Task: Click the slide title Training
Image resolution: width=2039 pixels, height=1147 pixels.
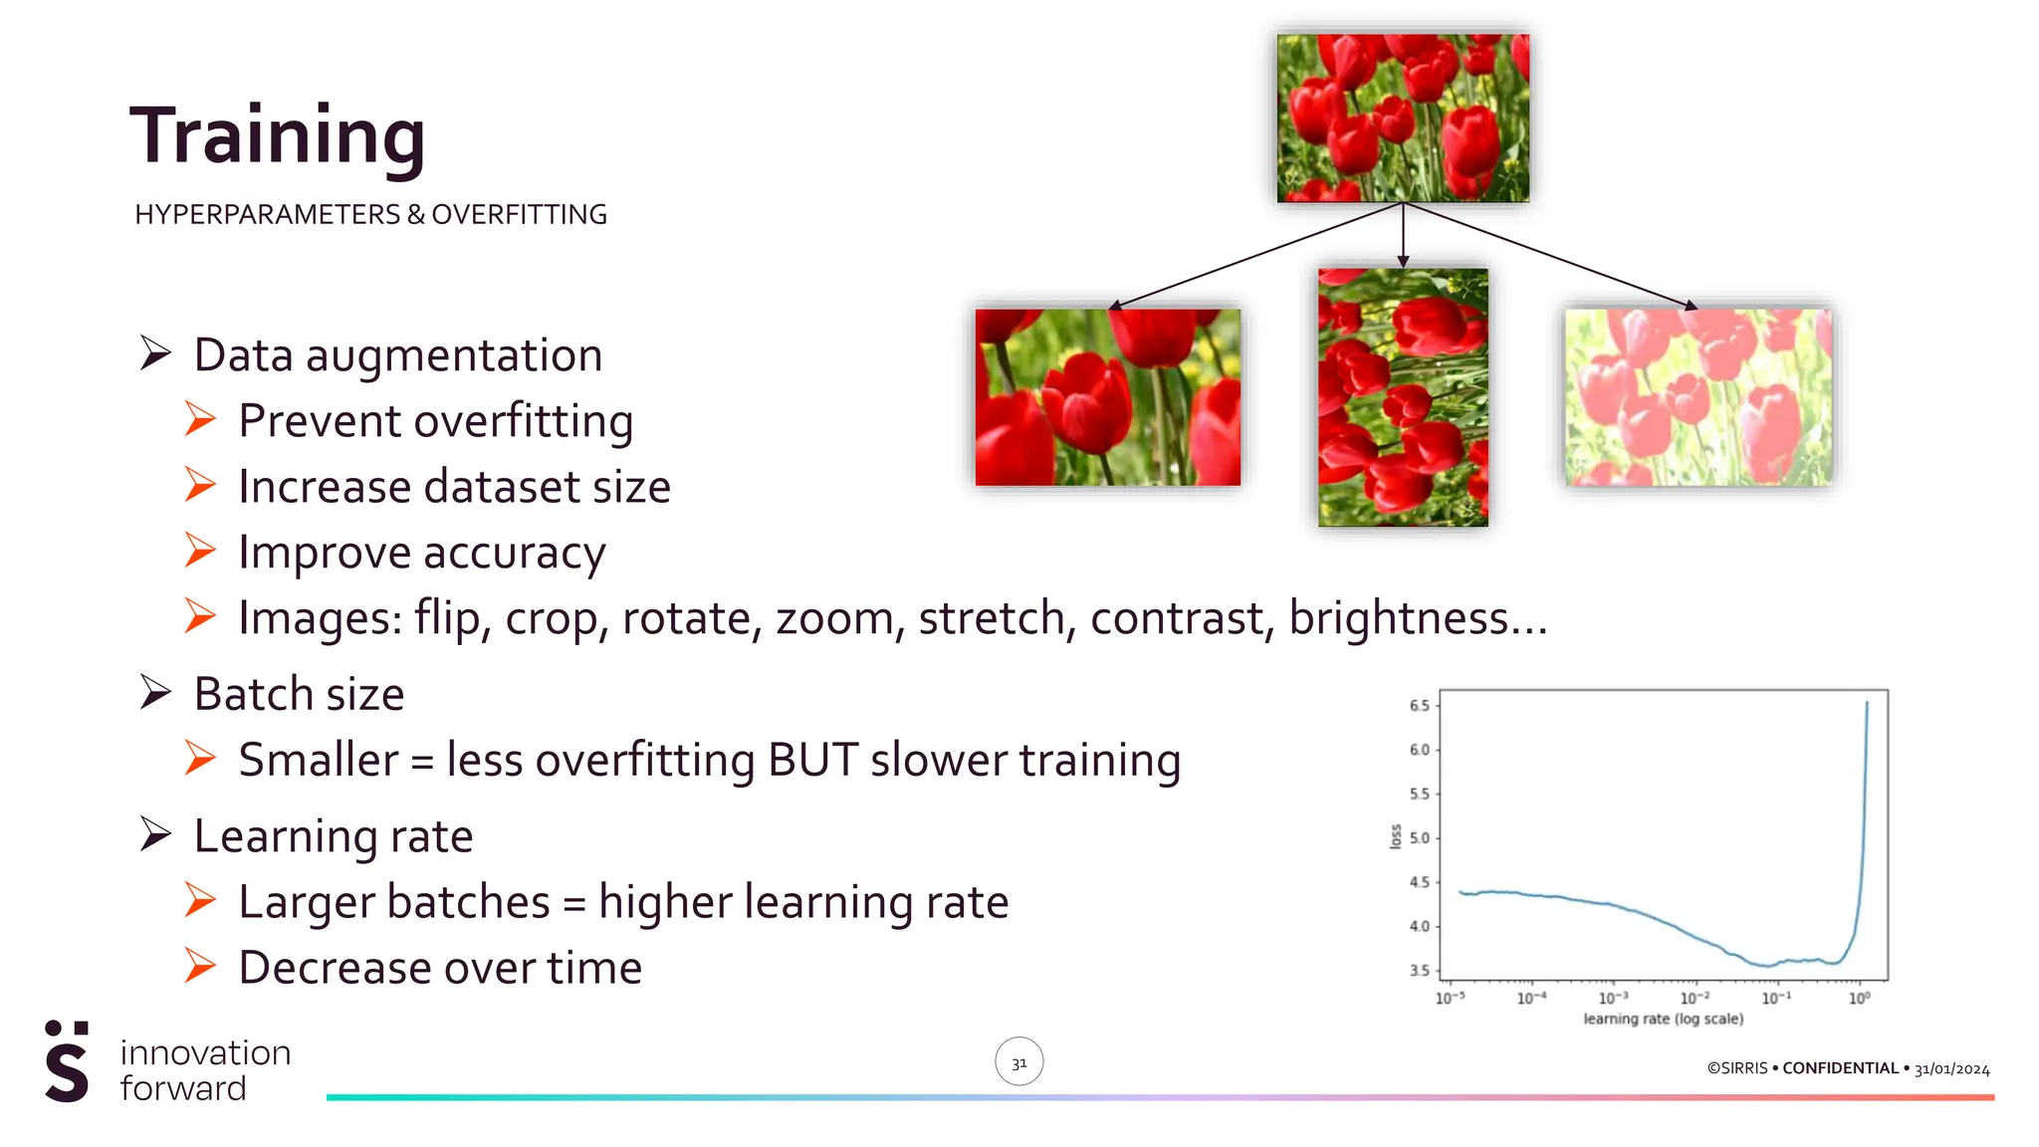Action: [x=278, y=137]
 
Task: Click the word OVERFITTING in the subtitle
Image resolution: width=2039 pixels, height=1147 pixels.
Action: [x=519, y=215]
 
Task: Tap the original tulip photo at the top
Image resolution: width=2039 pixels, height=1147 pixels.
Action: [x=1403, y=117]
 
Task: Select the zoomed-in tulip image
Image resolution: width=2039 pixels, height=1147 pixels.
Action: [x=1107, y=397]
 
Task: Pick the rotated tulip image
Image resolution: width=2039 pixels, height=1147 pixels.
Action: [x=1403, y=397]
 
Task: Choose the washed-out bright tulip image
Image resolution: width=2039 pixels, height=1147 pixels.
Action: [x=1698, y=397]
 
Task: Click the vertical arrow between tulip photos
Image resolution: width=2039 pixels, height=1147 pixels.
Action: [x=1403, y=235]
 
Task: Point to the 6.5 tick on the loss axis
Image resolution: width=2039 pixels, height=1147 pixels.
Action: [x=1419, y=706]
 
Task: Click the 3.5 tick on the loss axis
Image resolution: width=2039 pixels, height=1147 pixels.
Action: [x=1419, y=971]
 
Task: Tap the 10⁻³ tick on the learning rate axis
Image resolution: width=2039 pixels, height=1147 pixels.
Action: [x=1613, y=998]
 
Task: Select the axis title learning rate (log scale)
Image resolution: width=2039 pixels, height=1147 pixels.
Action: [x=1663, y=1020]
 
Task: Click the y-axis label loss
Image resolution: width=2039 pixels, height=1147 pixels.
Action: [x=1396, y=837]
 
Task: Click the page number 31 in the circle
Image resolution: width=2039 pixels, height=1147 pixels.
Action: [x=1019, y=1062]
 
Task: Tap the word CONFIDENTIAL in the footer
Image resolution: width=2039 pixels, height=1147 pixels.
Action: [x=1840, y=1068]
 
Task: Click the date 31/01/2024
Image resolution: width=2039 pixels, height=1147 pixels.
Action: [x=1951, y=1069]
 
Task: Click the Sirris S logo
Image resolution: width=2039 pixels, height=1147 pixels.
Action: [x=67, y=1062]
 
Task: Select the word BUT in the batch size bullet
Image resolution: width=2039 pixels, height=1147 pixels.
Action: [x=812, y=761]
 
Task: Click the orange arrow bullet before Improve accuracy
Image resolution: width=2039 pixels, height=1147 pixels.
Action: [x=200, y=552]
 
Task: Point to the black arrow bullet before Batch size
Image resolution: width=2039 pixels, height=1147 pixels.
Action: [x=155, y=693]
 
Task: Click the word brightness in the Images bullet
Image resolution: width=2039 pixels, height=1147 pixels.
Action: [x=1398, y=618]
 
